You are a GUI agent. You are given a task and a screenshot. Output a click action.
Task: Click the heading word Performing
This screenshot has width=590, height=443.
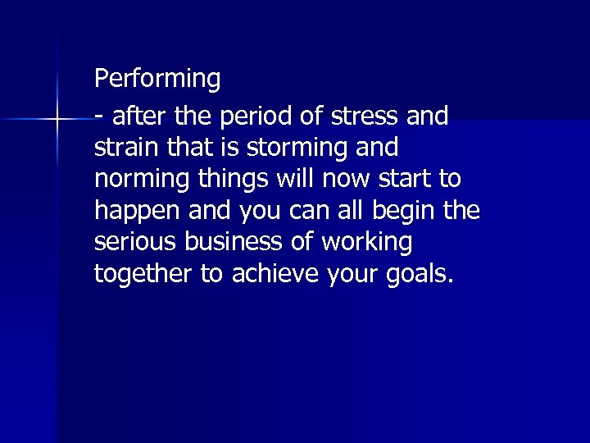157,80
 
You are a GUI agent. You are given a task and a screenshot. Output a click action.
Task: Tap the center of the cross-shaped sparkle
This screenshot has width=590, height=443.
57,120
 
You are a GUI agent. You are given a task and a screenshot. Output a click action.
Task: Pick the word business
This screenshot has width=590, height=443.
231,242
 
